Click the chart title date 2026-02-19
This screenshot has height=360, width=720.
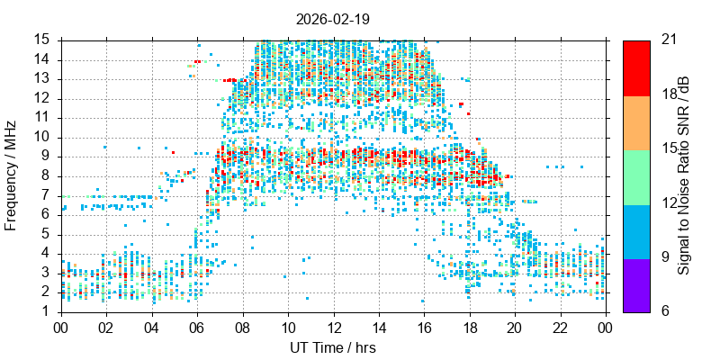pos(332,18)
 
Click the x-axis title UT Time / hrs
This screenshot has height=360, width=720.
pos(332,347)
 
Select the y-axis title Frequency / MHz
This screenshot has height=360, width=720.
pos(12,175)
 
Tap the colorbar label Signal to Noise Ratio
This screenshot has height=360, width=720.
pos(684,175)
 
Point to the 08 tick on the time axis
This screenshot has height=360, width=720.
pos(242,328)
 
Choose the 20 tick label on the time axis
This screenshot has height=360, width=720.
pos(514,328)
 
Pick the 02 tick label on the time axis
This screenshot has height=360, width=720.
pos(106,328)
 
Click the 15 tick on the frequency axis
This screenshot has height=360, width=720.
pos(41,40)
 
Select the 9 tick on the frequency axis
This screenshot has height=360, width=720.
pos(45,156)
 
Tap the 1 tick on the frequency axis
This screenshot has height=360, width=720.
pos(45,310)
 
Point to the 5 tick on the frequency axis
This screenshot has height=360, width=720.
pos(45,233)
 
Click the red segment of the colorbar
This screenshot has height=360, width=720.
pos(635,67)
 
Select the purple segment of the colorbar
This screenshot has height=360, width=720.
pos(635,285)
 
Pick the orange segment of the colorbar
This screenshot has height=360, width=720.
pos(635,121)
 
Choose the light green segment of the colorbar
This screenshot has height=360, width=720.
pos(635,176)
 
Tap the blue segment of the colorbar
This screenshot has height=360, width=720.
pos(635,231)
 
